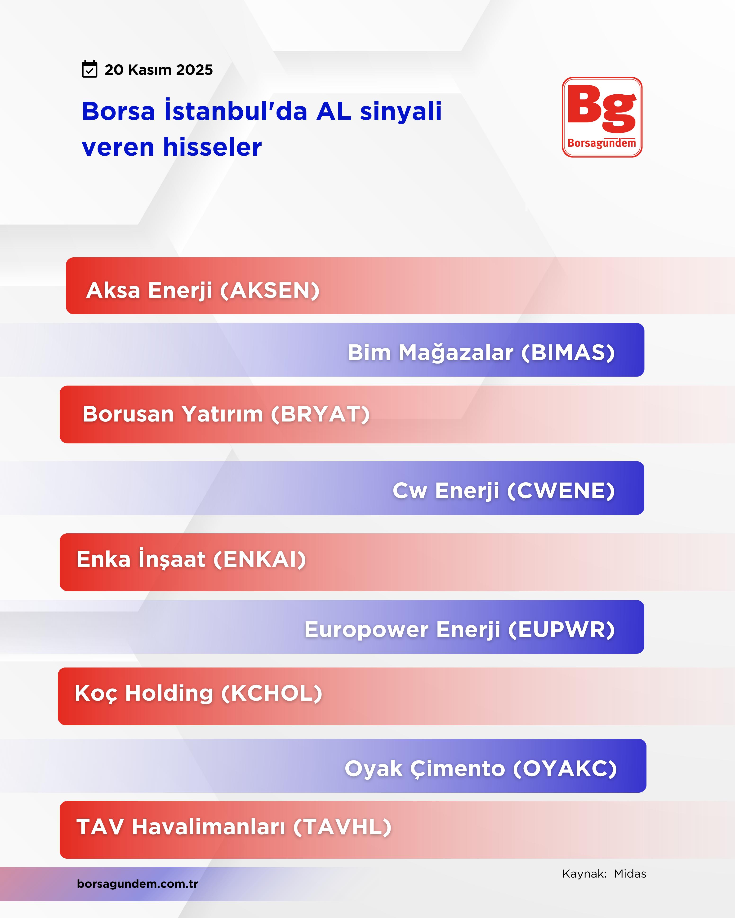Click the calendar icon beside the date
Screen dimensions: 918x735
tap(89, 69)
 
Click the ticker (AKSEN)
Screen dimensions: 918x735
tap(270, 290)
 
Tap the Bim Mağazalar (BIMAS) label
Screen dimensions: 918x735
tap(481, 352)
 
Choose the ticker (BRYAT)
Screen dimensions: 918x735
tap(320, 414)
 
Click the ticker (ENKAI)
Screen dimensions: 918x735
tap(259, 559)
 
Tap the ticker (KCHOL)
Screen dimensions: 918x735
tap(272, 693)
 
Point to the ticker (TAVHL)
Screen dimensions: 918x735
tap(342, 827)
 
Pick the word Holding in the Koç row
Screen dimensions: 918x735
tap(169, 693)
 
